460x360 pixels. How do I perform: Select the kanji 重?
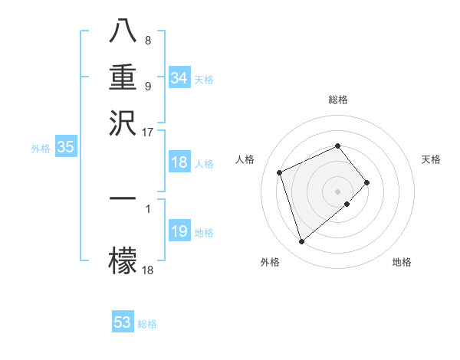123,78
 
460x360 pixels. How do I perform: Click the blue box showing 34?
179,78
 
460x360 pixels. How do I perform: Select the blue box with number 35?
66,148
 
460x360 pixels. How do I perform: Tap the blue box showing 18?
179,162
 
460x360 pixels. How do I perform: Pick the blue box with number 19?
179,232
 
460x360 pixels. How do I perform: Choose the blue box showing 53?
123,322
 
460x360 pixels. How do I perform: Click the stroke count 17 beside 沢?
148,132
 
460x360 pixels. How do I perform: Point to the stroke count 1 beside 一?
147,208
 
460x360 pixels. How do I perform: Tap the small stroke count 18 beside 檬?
148,269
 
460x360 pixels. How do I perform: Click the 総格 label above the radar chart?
338,100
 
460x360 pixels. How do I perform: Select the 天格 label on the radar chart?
432,159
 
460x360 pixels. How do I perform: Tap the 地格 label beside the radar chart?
402,262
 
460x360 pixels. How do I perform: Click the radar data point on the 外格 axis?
301,242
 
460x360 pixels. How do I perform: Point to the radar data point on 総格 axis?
338,146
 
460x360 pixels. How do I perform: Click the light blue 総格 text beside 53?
147,324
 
